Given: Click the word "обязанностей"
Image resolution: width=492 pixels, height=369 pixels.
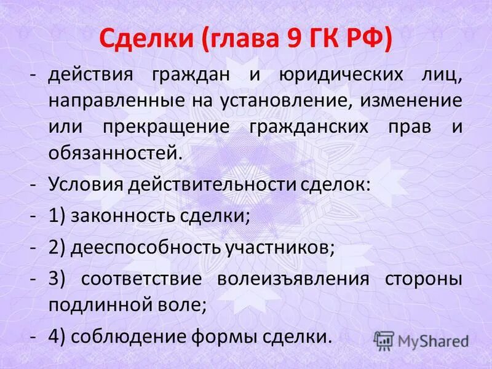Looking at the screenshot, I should point(115,151).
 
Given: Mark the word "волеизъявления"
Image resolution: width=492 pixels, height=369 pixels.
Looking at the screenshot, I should point(293,279).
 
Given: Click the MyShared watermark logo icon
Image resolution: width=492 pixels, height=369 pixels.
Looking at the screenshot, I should point(384,340).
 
